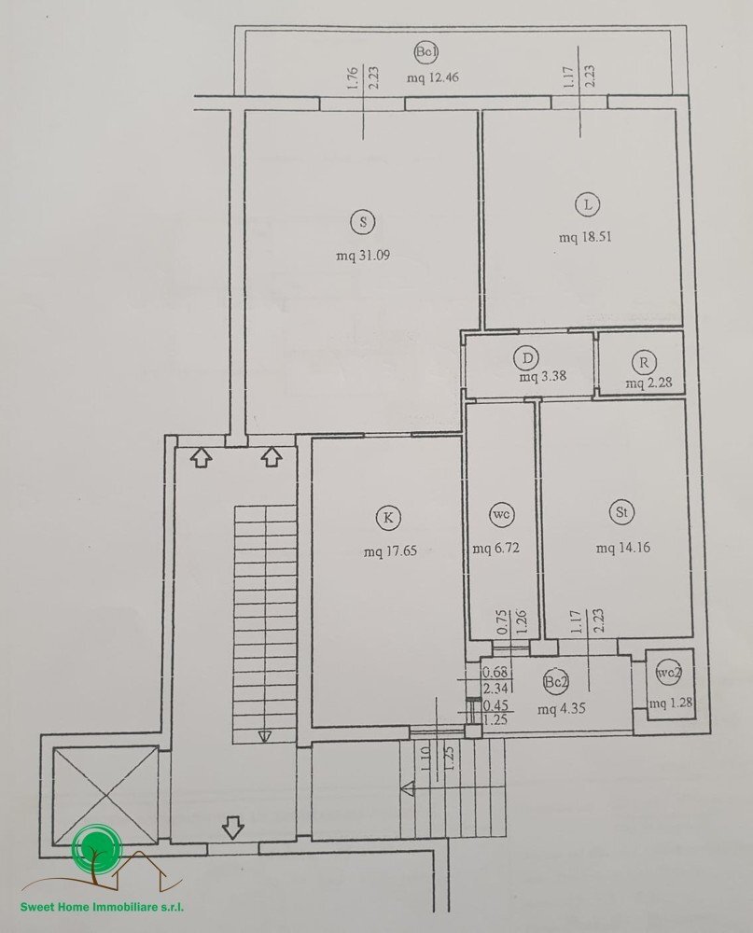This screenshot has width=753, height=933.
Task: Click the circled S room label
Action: pos(362,221)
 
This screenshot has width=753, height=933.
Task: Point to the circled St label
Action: pos(621,512)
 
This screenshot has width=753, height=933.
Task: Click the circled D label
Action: pos(527,358)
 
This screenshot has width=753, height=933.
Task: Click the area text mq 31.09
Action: pos(362,254)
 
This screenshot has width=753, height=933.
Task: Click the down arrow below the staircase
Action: pos(232,827)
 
